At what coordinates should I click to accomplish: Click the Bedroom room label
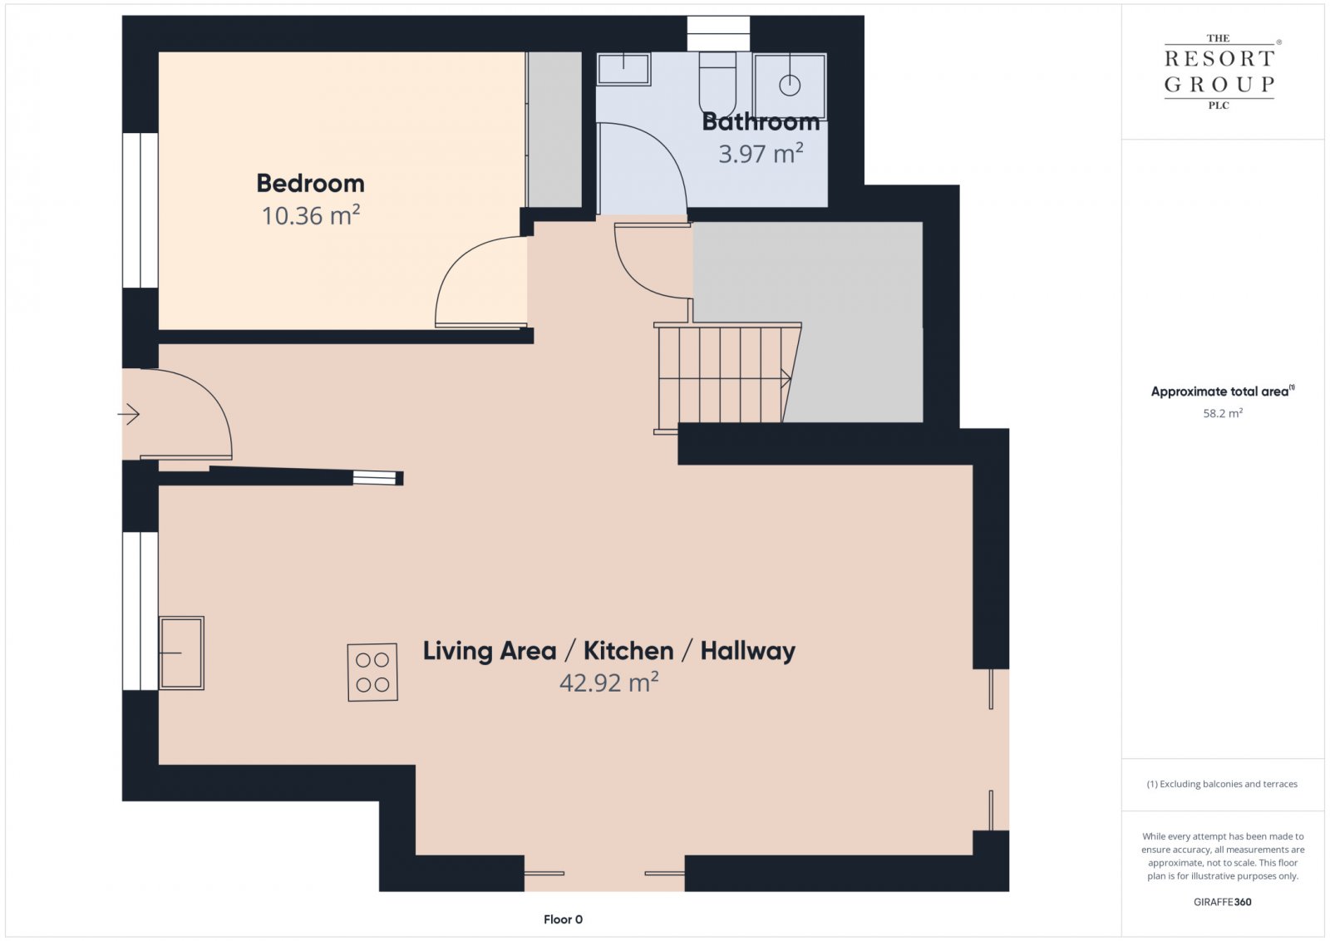(x=310, y=184)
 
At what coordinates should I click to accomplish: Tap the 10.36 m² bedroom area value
(x=311, y=215)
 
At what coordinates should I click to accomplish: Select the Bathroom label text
(x=761, y=122)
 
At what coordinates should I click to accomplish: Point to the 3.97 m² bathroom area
(x=761, y=154)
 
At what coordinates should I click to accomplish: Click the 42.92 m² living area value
(x=608, y=682)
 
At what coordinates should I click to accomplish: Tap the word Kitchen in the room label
(x=628, y=651)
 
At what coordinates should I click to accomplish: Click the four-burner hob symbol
(x=372, y=672)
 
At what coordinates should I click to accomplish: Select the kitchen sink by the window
(x=181, y=653)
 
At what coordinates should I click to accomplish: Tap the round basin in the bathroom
(x=790, y=86)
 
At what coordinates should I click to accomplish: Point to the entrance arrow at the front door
(x=128, y=414)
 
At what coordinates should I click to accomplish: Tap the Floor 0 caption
(x=563, y=919)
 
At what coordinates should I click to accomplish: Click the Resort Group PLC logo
(x=1219, y=72)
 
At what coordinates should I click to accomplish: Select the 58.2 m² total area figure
(x=1223, y=413)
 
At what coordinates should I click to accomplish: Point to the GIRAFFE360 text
(x=1222, y=902)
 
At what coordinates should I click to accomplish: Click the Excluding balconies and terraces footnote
(x=1222, y=784)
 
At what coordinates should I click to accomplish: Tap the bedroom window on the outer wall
(x=140, y=210)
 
